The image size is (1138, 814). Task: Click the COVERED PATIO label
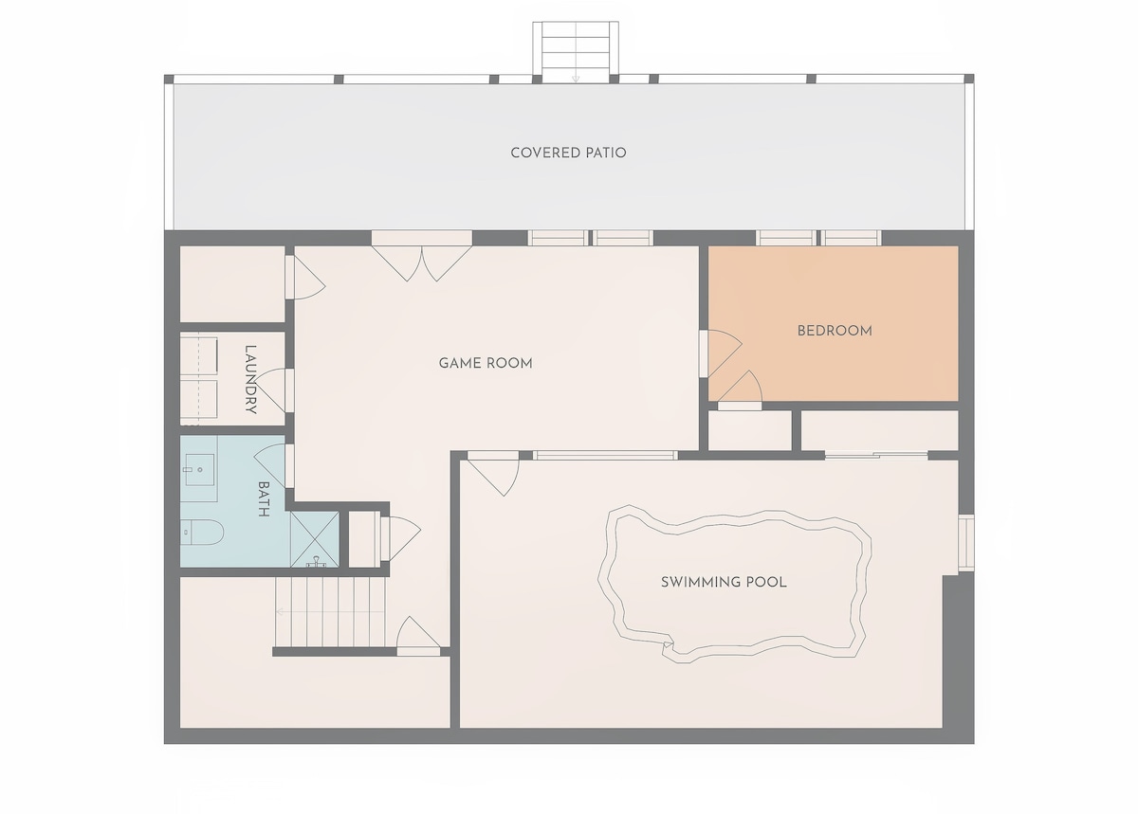click(568, 153)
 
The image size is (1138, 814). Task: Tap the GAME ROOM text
click(486, 363)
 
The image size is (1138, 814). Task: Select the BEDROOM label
click(835, 331)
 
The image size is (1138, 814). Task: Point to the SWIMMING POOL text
click(724, 582)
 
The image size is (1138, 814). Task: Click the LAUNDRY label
click(250, 379)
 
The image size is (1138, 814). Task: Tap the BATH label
click(264, 498)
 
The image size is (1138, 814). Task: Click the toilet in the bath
click(202, 533)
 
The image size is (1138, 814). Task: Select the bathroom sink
click(200, 470)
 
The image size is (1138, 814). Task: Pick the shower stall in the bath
click(315, 539)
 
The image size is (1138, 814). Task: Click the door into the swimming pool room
click(493, 473)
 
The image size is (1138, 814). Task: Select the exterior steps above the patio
click(576, 52)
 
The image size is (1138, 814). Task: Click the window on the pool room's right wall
click(966, 542)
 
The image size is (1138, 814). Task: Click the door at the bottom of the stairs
click(418, 636)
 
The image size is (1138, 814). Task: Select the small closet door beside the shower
click(400, 539)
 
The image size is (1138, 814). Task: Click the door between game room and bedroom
click(721, 353)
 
